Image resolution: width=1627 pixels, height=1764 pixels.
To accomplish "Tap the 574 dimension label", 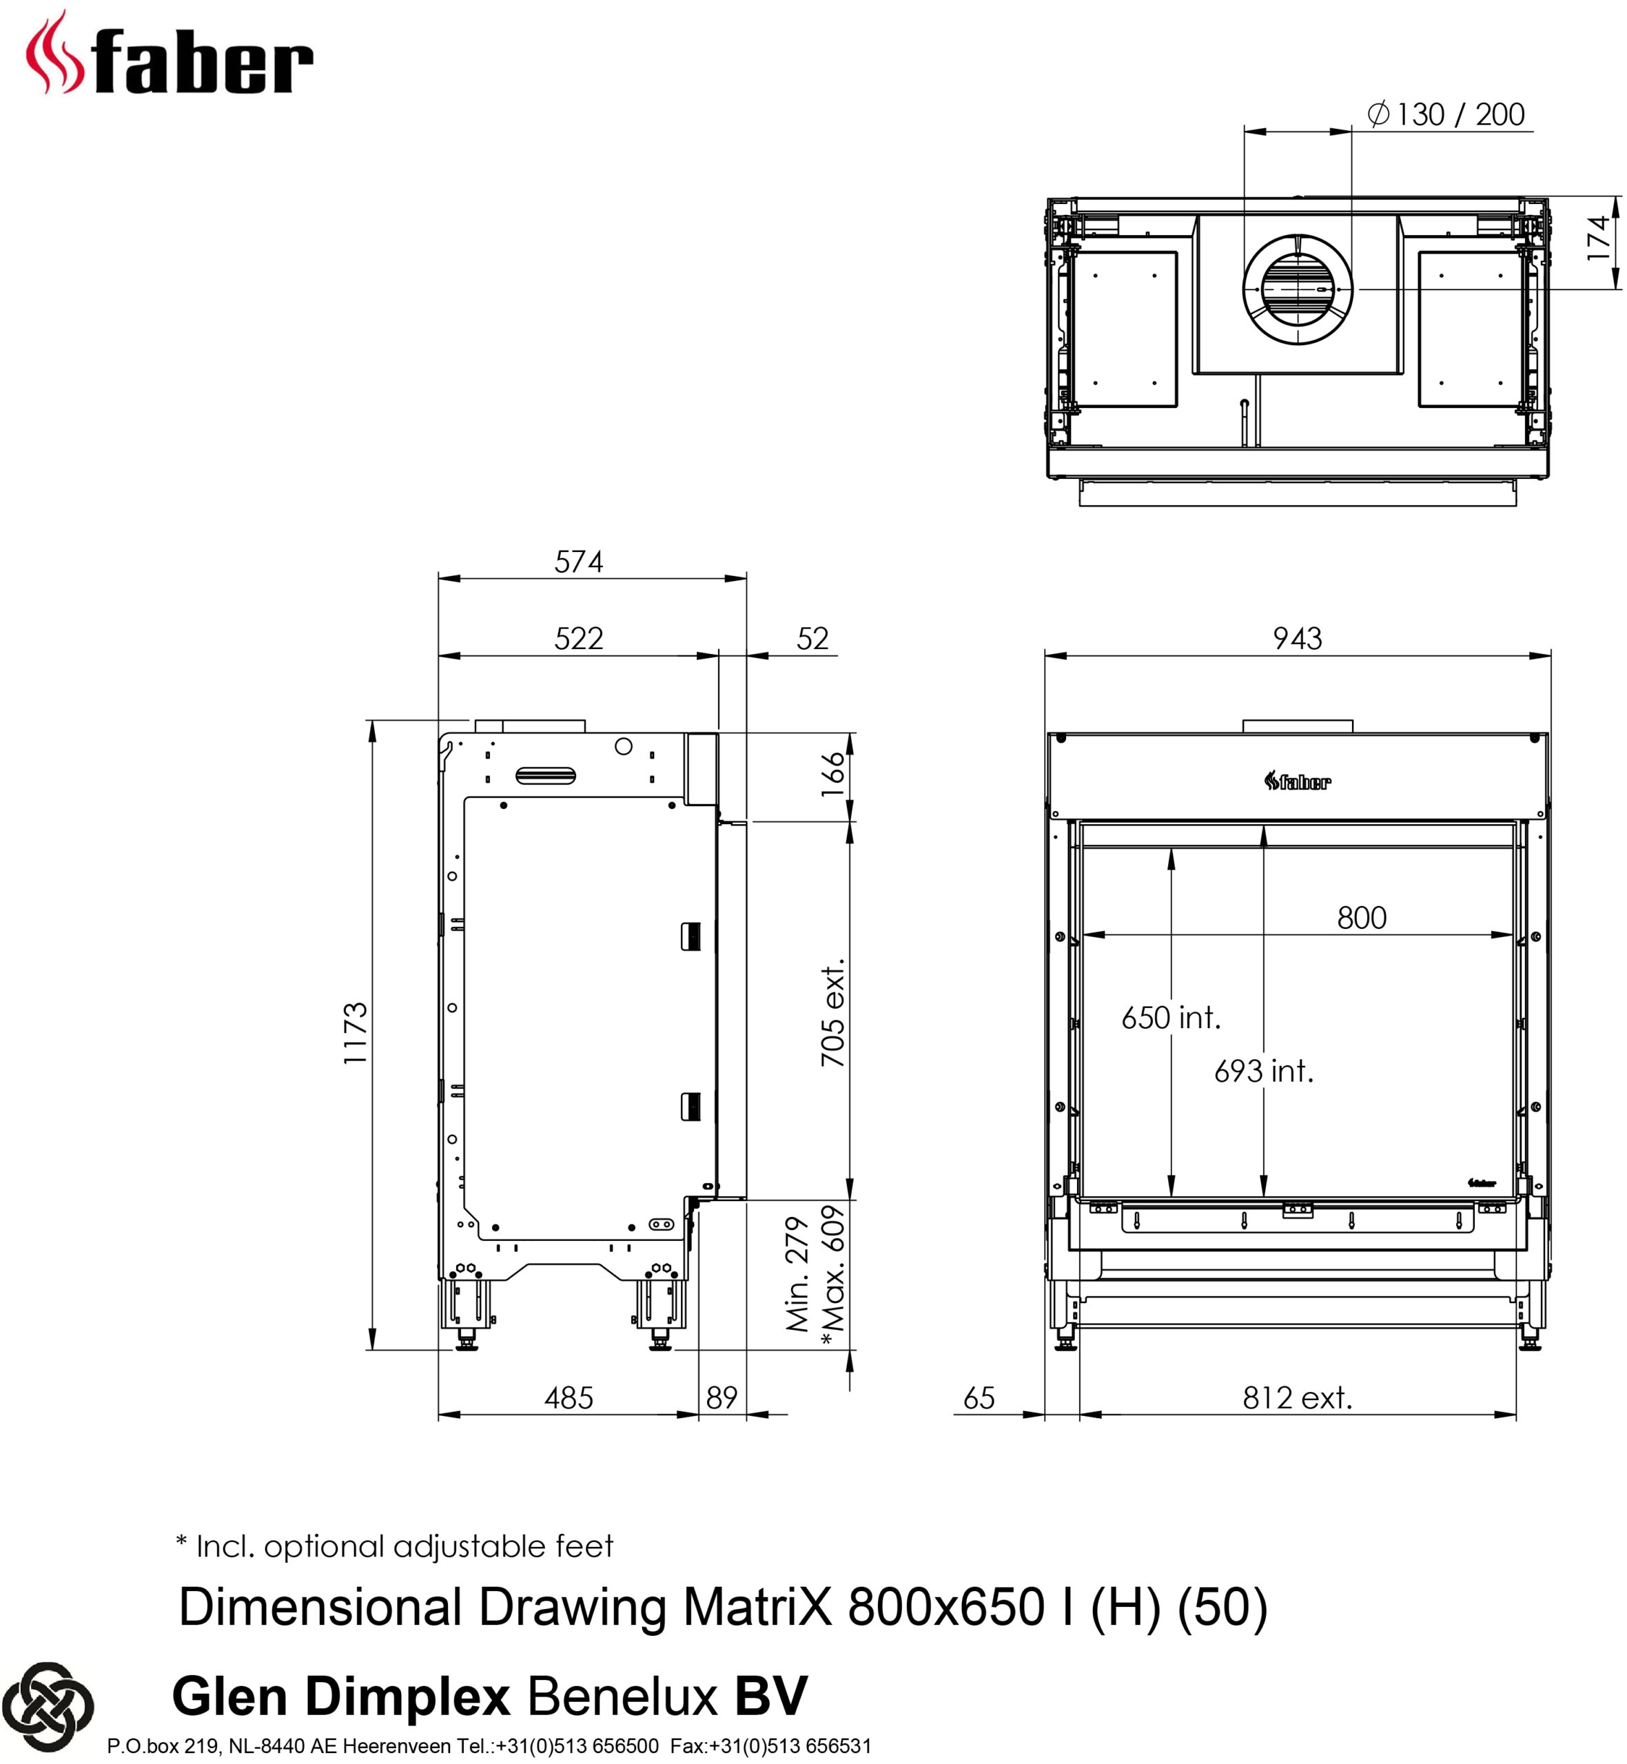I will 578,562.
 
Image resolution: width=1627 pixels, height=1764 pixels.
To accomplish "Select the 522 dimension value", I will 578,638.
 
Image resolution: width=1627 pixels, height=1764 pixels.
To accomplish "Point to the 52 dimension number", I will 812,639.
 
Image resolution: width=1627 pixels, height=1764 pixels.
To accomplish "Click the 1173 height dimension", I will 356,1034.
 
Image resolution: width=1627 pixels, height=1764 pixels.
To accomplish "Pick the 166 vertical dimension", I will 832,775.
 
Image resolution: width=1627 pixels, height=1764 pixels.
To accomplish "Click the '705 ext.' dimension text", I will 832,1012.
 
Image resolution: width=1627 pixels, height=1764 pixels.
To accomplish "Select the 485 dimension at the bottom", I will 569,1398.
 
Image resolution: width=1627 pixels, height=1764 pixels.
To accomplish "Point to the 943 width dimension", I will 1297,638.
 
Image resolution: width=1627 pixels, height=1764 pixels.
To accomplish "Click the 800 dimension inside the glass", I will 1361,918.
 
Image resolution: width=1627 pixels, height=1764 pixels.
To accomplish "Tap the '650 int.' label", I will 1171,1018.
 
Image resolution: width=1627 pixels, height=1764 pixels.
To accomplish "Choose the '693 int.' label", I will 1263,1071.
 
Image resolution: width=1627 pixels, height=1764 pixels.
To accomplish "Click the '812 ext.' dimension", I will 1297,1398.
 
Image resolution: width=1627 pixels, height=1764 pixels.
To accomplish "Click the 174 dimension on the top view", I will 1597,238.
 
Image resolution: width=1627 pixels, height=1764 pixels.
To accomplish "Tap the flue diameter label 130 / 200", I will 1446,114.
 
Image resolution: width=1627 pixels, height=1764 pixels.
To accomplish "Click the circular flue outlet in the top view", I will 1298,289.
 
